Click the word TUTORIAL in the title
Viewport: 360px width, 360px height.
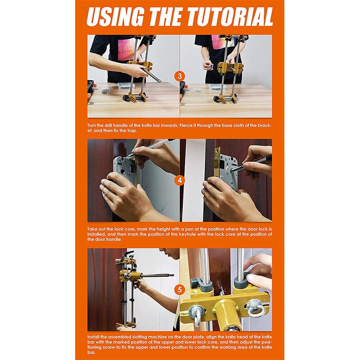coord(230,17)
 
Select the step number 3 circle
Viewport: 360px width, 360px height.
coord(180,76)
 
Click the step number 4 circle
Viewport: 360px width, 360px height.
coord(180,180)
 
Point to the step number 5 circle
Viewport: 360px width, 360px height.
coord(180,289)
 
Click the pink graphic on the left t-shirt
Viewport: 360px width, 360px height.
coord(127,49)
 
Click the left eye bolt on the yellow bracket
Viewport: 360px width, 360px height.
coord(196,314)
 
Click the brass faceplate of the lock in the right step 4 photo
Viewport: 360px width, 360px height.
coord(217,162)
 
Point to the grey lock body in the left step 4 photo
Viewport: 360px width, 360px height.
coord(125,170)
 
